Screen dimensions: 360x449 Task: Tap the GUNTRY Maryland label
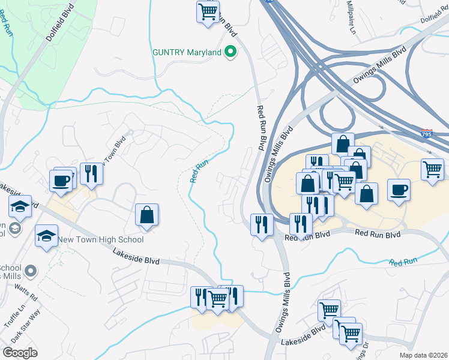pos(187,53)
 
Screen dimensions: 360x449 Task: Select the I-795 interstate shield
pos(427,133)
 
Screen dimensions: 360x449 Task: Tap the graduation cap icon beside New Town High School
pos(46,236)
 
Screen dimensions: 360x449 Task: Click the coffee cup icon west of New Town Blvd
pos(61,181)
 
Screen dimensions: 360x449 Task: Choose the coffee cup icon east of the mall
pos(399,190)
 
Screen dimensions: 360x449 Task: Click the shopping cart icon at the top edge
pos(208,11)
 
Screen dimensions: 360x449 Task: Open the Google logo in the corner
pos(20,352)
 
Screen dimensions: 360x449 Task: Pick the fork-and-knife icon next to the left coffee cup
pos(91,174)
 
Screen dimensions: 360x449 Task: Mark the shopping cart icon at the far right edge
pos(433,170)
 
